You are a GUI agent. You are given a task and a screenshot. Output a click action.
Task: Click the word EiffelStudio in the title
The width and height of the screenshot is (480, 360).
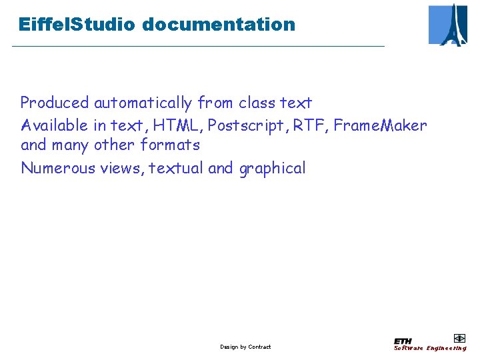77,25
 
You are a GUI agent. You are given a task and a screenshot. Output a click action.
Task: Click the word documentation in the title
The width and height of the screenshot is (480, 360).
218,25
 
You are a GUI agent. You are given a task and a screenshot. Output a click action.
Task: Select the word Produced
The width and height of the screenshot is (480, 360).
55,103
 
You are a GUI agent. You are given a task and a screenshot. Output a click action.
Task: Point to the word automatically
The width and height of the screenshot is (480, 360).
143,103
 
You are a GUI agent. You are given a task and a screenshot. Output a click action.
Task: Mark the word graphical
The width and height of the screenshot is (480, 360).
272,169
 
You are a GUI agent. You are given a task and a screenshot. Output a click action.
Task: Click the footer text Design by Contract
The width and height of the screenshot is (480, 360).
245,347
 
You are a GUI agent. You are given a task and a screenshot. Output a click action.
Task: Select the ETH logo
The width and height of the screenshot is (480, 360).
403,341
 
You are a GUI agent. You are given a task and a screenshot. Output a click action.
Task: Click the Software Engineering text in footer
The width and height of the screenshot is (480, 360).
430,348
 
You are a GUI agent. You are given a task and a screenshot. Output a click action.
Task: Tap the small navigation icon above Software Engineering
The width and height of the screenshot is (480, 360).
459,338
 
